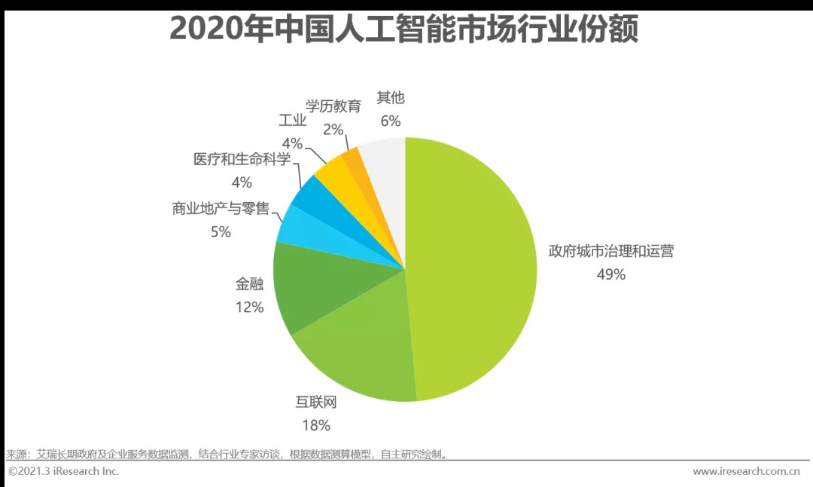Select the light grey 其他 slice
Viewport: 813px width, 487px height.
click(x=382, y=158)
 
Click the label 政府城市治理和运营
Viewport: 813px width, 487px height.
click(x=611, y=251)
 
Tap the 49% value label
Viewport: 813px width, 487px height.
click(x=611, y=274)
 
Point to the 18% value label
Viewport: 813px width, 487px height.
click(x=316, y=425)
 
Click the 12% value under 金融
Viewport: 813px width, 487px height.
click(x=249, y=307)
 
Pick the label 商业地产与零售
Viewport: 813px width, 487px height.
click(x=221, y=209)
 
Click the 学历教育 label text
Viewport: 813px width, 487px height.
click(x=333, y=106)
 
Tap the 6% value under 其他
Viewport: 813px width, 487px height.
click(x=391, y=121)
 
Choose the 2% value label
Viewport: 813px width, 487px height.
click(x=333, y=129)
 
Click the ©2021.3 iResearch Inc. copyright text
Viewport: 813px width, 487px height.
click(x=63, y=471)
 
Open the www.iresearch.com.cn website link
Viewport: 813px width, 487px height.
click(x=745, y=471)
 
